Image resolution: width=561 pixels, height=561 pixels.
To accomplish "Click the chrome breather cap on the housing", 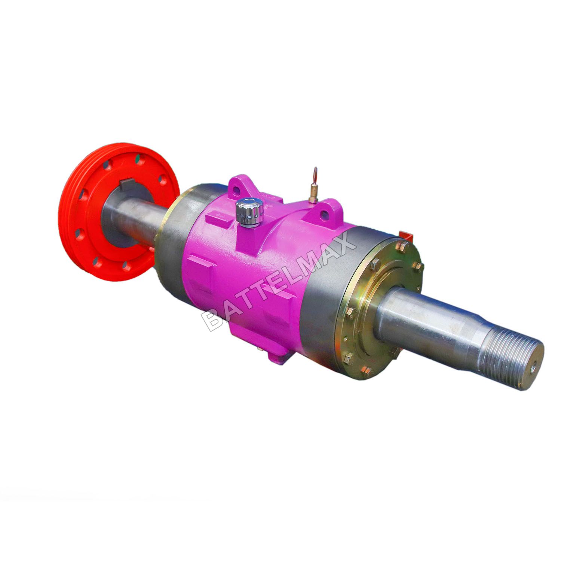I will pos(249,212).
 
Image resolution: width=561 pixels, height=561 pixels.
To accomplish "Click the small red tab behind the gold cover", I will pos(405,235).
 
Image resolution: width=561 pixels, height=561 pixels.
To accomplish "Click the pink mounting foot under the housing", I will pos(277,353).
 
